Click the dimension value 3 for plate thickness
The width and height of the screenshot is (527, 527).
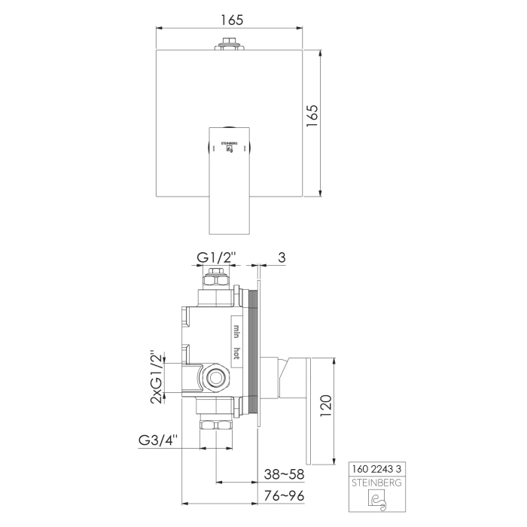(281, 257)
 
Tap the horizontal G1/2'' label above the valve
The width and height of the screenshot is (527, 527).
(216, 257)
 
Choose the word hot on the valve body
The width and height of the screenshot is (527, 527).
(236, 354)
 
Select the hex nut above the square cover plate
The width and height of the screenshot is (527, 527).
(229, 44)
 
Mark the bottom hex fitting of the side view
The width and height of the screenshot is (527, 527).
(217, 425)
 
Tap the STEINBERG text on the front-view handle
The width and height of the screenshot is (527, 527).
(229, 140)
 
